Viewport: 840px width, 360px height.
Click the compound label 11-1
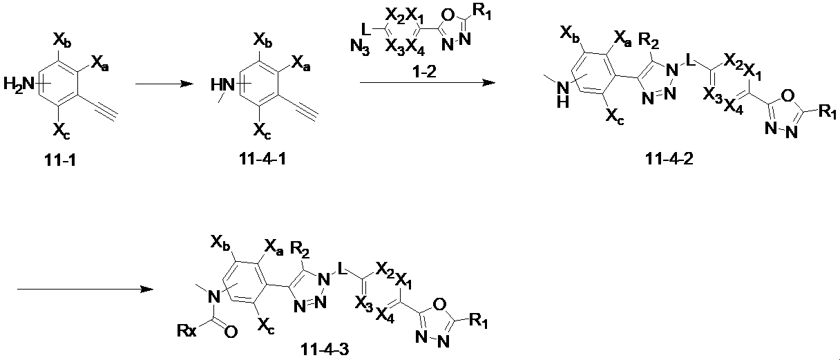coord(60,160)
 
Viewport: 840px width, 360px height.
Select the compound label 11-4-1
coord(262,159)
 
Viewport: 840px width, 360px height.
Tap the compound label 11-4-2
coord(669,159)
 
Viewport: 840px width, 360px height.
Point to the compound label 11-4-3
coord(325,350)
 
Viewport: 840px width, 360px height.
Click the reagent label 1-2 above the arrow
coord(424,70)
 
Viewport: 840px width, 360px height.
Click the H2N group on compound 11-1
coord(19,84)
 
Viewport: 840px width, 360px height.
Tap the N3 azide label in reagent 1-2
coord(360,47)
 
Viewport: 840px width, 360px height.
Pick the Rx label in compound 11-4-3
coord(187,331)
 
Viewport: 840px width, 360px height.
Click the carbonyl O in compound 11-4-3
coord(231,332)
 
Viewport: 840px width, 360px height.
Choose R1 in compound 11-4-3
coord(479,322)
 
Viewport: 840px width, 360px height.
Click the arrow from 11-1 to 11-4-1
coord(164,84)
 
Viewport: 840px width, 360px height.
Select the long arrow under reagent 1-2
coord(428,82)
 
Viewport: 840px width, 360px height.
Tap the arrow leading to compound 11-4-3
coord(86,289)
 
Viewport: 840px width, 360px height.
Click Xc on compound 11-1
coord(61,131)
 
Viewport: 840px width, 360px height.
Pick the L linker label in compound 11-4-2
coord(689,59)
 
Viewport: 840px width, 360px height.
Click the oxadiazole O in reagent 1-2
coord(448,15)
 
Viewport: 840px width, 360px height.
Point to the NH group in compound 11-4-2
coord(563,94)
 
